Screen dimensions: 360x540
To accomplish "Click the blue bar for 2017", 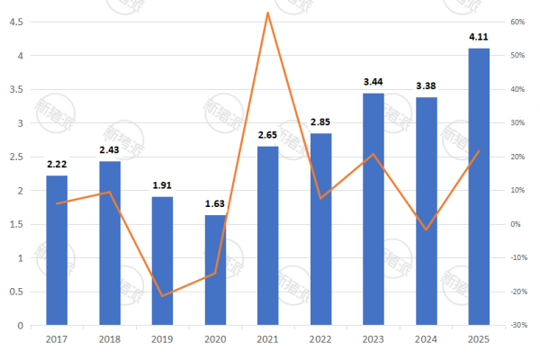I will click(57, 250).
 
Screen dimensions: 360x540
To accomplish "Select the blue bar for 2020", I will click(215, 270).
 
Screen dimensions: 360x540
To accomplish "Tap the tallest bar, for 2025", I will click(479, 186).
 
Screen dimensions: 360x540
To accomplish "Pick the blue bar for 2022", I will click(320, 229).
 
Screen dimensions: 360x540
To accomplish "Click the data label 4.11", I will click(479, 37).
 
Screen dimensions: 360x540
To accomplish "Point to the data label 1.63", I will click(215, 204).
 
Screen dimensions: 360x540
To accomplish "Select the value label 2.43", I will click(110, 150).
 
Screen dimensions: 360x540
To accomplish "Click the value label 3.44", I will click(373, 82).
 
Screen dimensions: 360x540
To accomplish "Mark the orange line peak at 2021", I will click(268, 13).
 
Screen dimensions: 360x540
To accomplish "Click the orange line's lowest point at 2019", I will click(162, 296).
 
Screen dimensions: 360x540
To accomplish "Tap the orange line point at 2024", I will click(427, 229).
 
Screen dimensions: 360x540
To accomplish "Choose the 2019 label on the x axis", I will click(162, 338).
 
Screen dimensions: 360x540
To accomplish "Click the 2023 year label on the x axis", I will click(373, 338).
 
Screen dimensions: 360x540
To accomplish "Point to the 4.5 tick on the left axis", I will click(15, 22).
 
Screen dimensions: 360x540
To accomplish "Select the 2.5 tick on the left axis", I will click(15, 157).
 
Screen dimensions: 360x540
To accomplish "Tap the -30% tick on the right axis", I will click(517, 325).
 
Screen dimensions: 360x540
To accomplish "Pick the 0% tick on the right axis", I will click(517, 224).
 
